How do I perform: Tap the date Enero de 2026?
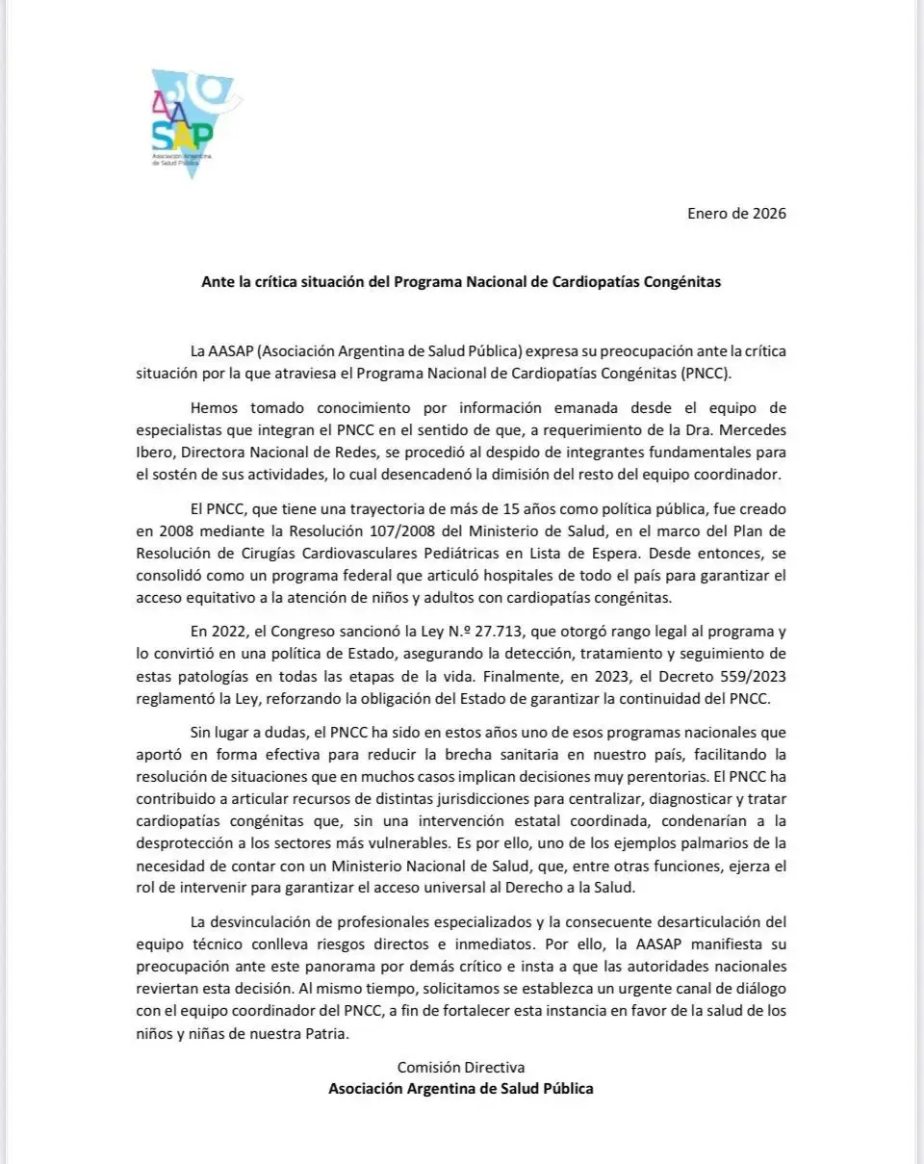[736, 213]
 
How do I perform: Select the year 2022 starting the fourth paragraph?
[227, 632]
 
